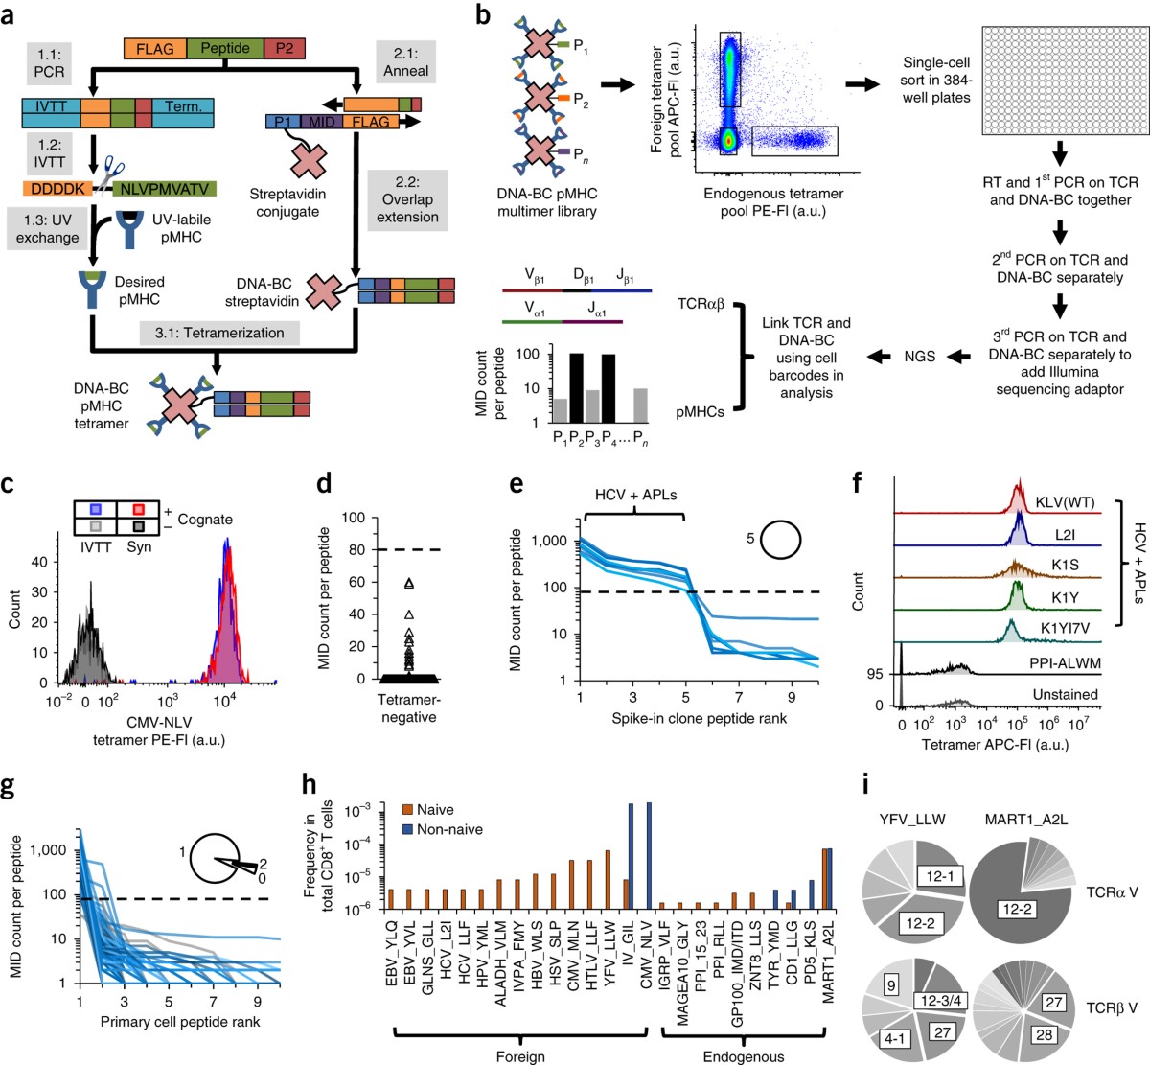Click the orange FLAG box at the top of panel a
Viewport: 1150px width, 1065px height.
coord(155,48)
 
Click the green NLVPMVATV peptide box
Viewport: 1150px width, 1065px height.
coord(164,189)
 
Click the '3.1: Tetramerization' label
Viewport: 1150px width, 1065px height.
coord(219,333)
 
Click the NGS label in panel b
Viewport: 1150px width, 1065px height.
coord(919,357)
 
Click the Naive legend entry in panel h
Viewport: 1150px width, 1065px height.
coord(427,810)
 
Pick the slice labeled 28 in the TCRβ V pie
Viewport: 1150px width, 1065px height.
coord(1044,1036)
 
